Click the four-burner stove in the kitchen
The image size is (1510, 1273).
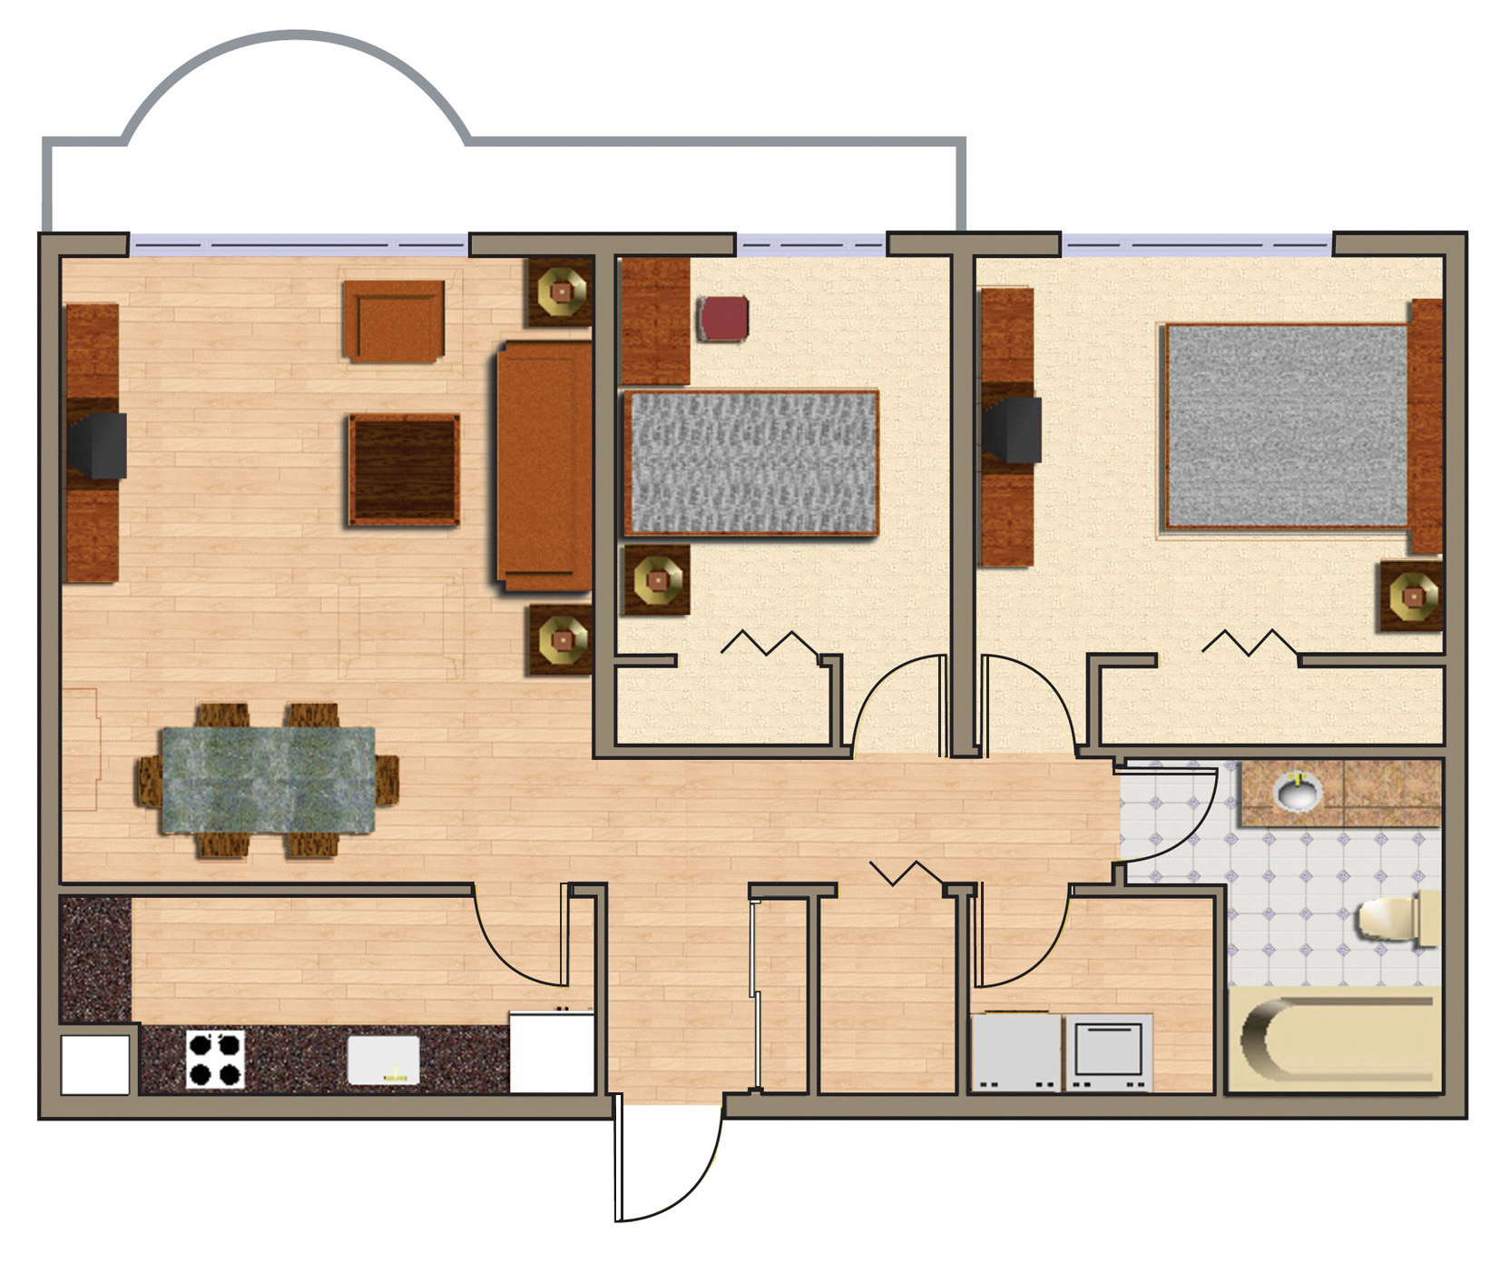(x=216, y=1059)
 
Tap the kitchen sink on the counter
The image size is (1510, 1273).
(x=384, y=1060)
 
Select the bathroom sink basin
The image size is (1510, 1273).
(x=1299, y=792)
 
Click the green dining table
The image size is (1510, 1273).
(x=268, y=781)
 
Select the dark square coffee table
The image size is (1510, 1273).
(x=404, y=469)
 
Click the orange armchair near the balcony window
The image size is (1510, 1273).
(x=394, y=321)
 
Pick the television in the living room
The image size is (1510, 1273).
(x=98, y=445)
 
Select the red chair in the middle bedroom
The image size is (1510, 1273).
(x=723, y=319)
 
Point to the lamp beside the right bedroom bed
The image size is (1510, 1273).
(x=1412, y=597)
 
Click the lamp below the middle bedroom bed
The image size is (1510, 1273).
(x=657, y=580)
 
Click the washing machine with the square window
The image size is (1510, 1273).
(x=1108, y=1051)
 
